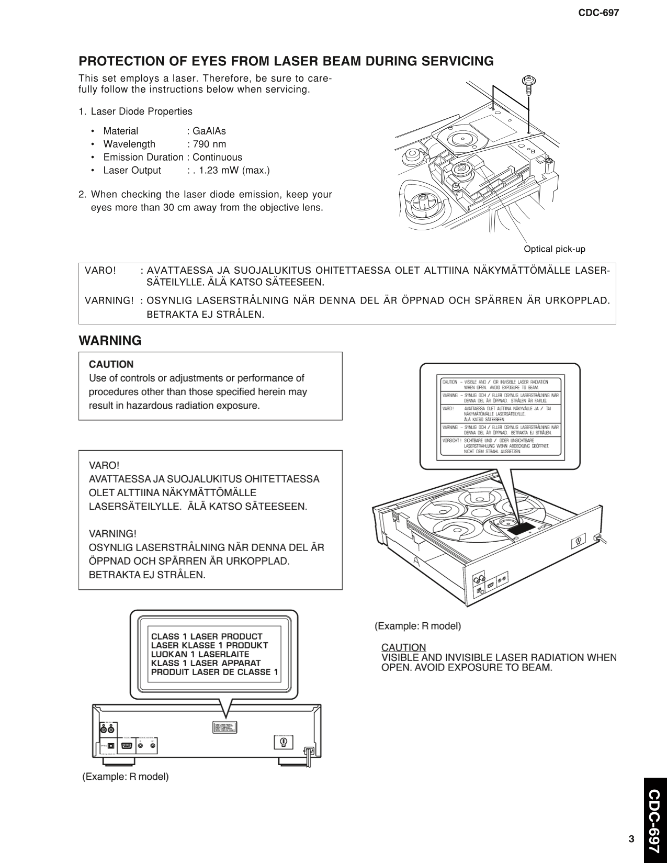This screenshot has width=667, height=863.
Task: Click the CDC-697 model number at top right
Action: (x=598, y=13)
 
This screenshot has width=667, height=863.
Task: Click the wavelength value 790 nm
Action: (x=209, y=144)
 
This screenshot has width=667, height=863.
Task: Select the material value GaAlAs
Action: (x=209, y=131)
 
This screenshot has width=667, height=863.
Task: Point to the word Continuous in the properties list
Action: (x=217, y=157)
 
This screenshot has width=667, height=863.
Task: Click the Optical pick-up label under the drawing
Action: (x=554, y=249)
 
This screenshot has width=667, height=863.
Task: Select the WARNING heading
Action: (x=110, y=341)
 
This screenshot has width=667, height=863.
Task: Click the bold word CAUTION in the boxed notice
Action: (x=111, y=364)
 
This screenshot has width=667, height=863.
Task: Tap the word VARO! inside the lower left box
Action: (x=104, y=465)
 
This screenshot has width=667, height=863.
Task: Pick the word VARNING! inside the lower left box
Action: (x=112, y=533)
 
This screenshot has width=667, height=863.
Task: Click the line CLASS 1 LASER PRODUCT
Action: (x=207, y=636)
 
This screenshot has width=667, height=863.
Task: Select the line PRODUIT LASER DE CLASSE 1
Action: (x=214, y=672)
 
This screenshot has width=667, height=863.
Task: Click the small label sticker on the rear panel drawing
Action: (x=224, y=727)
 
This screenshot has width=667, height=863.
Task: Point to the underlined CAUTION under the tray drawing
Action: (x=403, y=647)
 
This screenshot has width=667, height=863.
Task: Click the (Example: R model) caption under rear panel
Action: (x=126, y=777)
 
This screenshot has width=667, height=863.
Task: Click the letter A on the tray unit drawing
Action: (x=417, y=561)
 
